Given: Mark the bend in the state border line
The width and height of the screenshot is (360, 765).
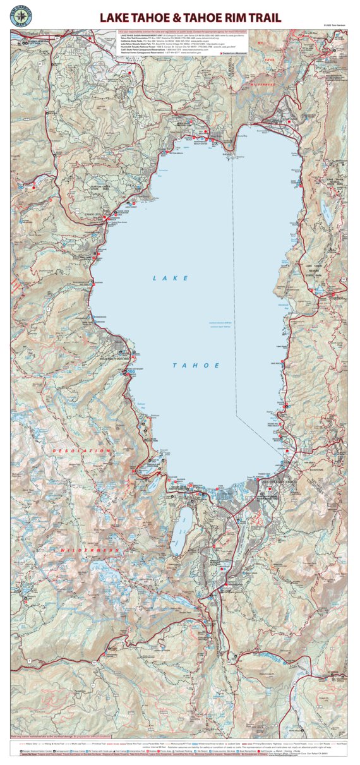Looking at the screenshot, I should point(236,414).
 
